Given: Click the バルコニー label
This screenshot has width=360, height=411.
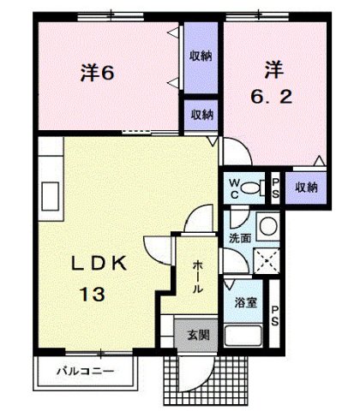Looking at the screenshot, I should tap(87, 372).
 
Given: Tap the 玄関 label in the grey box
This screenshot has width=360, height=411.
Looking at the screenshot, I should tap(198, 335).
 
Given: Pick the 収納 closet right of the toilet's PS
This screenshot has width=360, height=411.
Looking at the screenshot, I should tap(306, 187).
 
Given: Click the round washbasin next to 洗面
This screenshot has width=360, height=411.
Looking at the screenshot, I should tap(266, 226).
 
